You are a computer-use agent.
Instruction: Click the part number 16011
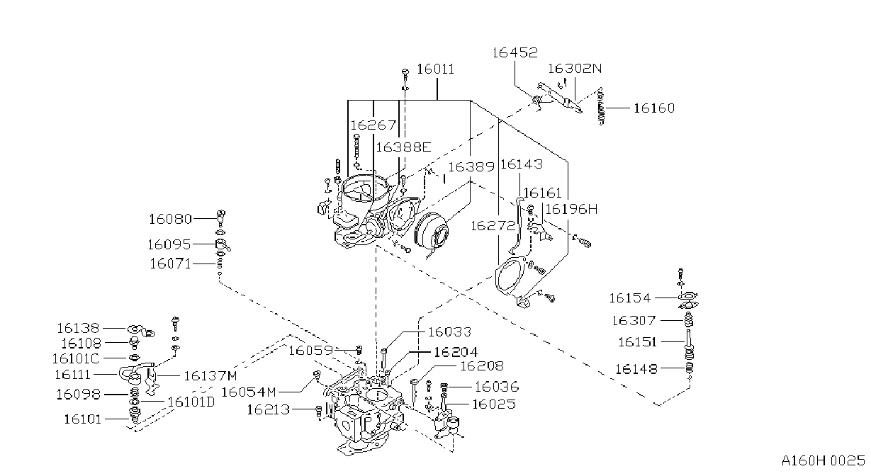click(x=435, y=69)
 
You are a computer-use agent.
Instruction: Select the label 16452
click(x=515, y=52)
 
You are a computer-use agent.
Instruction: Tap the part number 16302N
click(x=575, y=69)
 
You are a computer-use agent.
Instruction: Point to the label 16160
click(x=654, y=108)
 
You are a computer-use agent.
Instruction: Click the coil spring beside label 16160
click(x=601, y=106)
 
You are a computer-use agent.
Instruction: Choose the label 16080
click(x=170, y=219)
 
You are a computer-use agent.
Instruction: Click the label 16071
click(x=170, y=263)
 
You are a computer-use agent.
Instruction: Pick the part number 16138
click(x=78, y=329)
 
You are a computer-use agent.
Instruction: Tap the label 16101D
click(x=191, y=402)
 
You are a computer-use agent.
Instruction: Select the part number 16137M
click(x=210, y=375)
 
